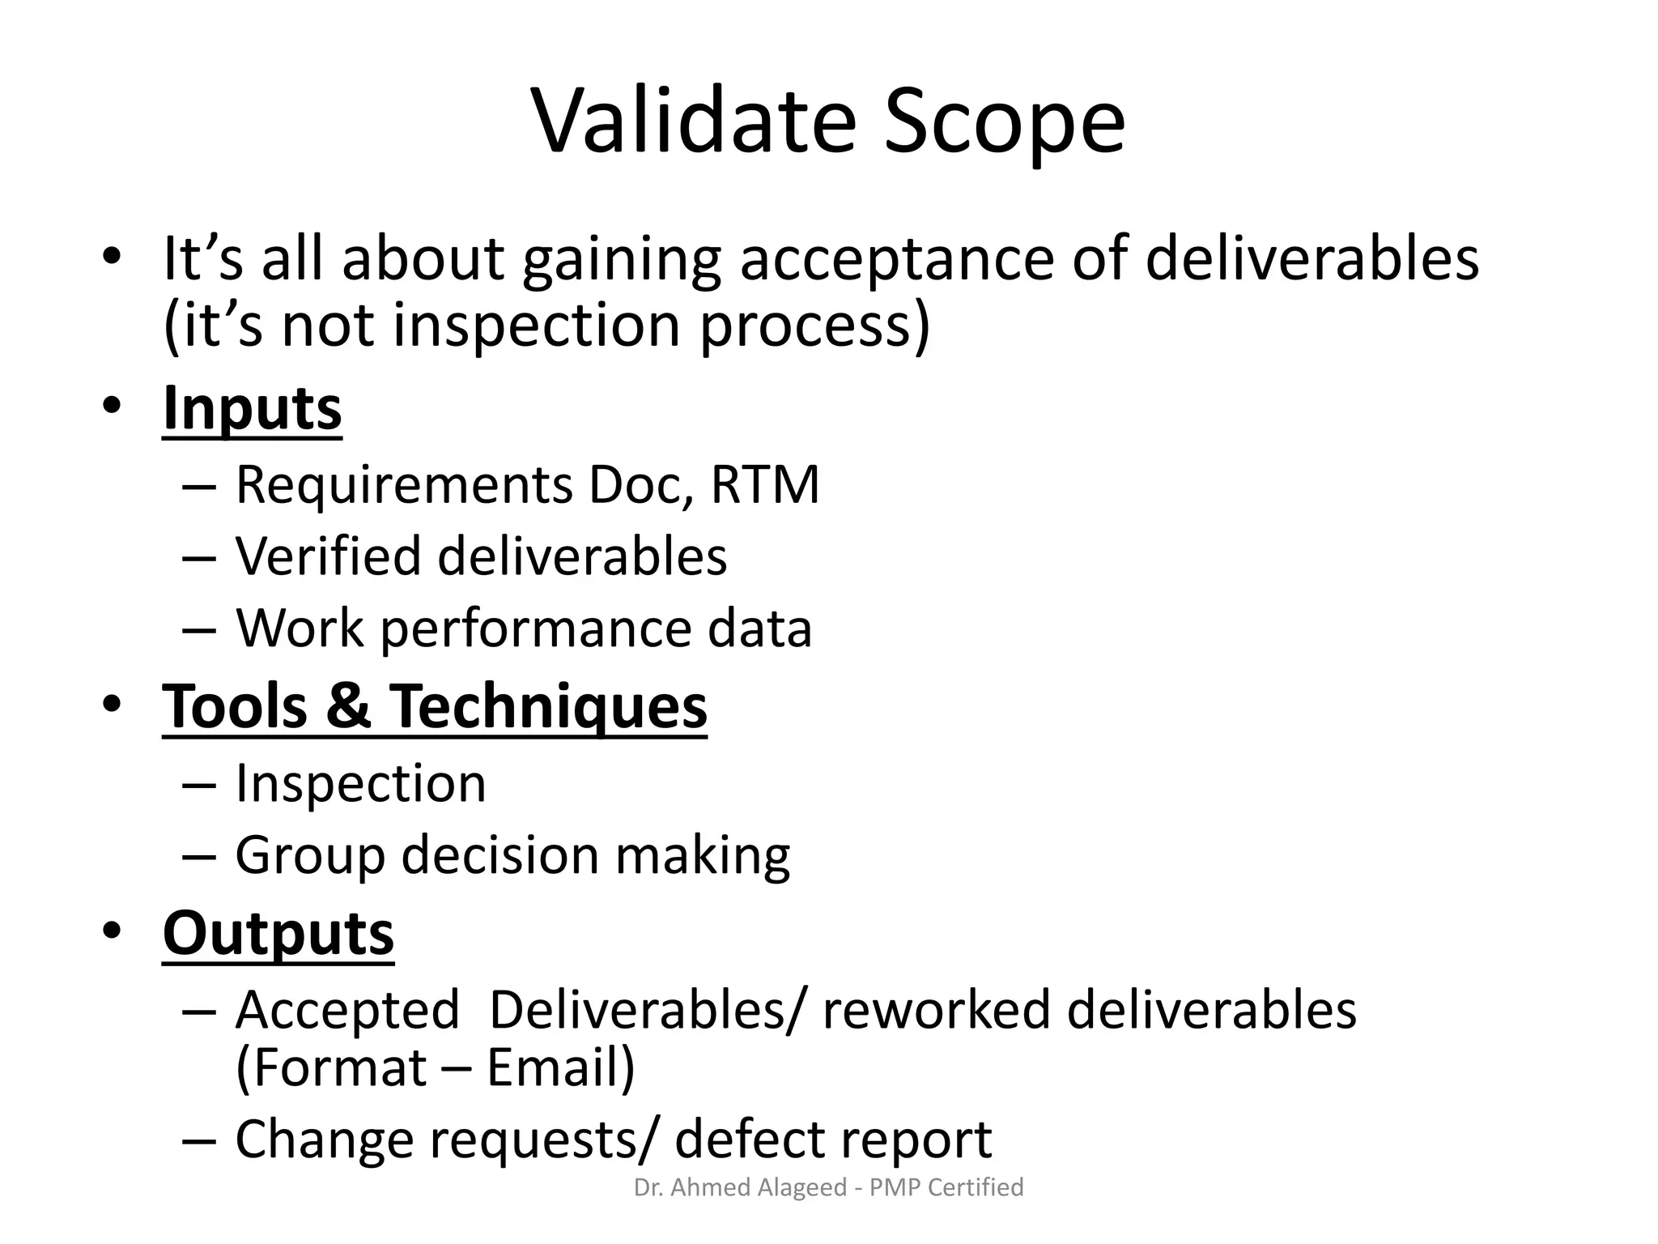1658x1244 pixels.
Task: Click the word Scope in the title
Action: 1004,121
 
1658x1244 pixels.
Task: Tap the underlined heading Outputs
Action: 278,933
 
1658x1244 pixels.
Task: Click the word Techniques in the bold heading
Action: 548,706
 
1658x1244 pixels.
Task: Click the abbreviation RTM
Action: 764,485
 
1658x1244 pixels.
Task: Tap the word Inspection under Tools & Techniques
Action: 360,784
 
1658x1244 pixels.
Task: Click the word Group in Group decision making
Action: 309,856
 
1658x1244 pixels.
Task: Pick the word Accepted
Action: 347,1011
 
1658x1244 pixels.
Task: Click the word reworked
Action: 935,1011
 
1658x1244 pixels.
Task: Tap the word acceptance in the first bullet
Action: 897,258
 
